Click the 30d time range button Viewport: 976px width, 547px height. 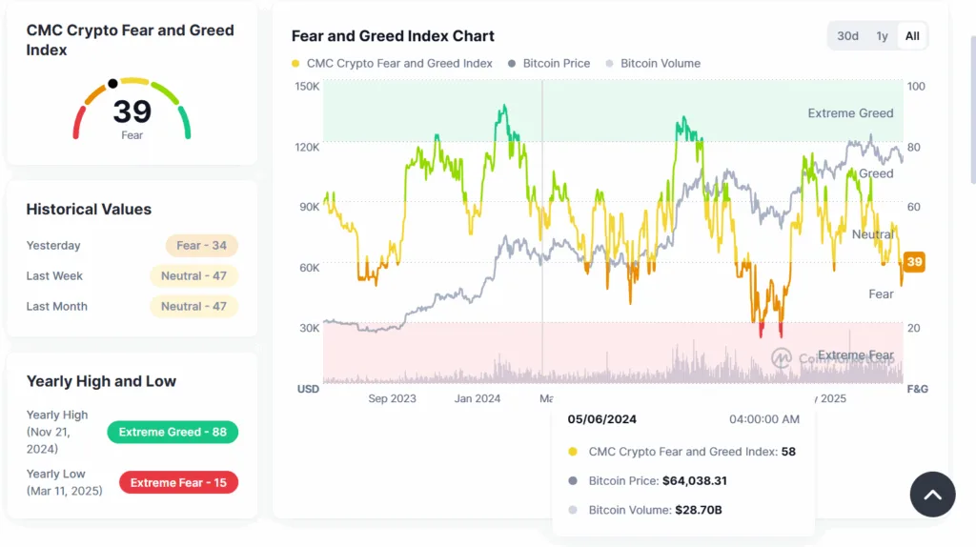click(847, 36)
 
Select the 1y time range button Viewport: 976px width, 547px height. click(883, 36)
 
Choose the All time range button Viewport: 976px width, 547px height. click(912, 36)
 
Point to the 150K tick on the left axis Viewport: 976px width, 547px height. click(307, 87)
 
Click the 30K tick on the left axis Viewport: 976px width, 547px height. click(308, 328)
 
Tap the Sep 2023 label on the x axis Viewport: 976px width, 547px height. click(392, 398)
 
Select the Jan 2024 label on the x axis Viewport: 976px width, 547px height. click(476, 398)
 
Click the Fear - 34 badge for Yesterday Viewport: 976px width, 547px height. click(201, 246)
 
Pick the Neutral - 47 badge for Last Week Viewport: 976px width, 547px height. click(193, 276)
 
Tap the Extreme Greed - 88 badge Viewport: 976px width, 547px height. click(173, 432)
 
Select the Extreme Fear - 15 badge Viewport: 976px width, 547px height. click(178, 482)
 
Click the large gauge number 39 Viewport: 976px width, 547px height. click(132, 111)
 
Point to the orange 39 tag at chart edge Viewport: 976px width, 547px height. click(914, 262)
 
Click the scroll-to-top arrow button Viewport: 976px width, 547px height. click(932, 495)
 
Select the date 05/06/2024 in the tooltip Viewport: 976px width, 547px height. click(602, 419)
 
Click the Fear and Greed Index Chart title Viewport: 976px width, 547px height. click(393, 36)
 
